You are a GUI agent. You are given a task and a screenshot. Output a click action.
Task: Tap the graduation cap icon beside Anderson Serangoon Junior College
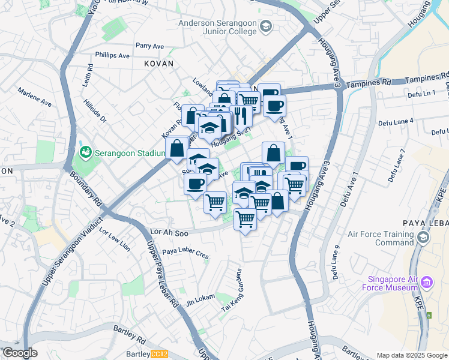click(x=267, y=26)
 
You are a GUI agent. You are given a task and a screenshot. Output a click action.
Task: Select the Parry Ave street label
click(x=149, y=46)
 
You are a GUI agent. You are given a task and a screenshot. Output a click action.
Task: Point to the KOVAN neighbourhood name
click(x=158, y=63)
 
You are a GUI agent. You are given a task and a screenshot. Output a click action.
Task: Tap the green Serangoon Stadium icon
click(x=86, y=152)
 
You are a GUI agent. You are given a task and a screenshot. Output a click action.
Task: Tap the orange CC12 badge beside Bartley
click(x=159, y=354)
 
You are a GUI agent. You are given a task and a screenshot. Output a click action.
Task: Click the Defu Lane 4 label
click(x=396, y=122)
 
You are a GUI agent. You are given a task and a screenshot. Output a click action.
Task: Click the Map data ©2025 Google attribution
click(x=411, y=355)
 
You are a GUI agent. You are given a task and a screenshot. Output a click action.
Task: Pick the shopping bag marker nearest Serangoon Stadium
click(x=177, y=148)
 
